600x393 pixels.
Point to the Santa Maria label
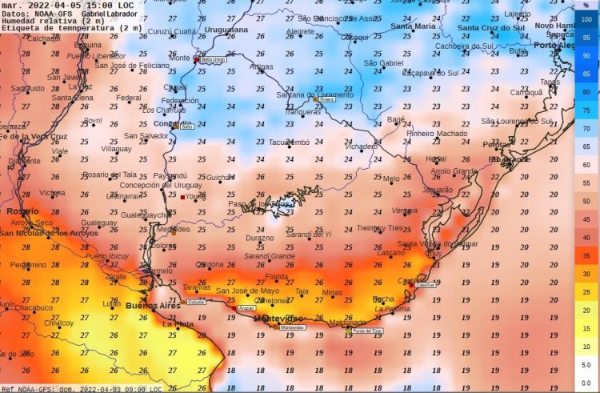[x=413, y=26]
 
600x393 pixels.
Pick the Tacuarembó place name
[x=288, y=142]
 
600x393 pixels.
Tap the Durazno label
[x=259, y=238]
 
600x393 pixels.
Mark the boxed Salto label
[x=187, y=126]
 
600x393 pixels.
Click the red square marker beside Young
[x=182, y=197]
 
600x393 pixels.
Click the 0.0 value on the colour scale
[x=586, y=384]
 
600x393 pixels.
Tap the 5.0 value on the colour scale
[x=586, y=365]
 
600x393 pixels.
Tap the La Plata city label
[x=178, y=324]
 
